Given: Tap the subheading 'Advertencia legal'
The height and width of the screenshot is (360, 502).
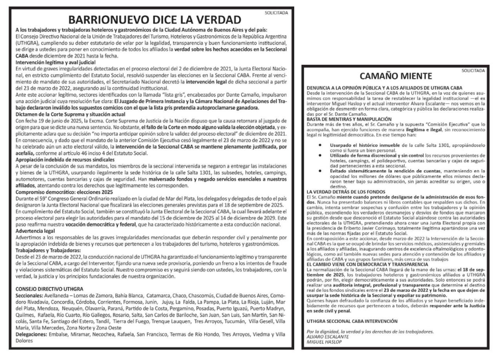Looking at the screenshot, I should [x=35, y=230].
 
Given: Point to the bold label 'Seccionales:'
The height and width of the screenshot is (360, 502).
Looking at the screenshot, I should [x=29, y=296].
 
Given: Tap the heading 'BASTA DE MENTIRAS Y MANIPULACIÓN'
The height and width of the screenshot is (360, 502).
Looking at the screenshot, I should [x=350, y=119].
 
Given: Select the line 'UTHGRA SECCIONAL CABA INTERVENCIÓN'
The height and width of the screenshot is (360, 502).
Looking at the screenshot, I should [x=352, y=321].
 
